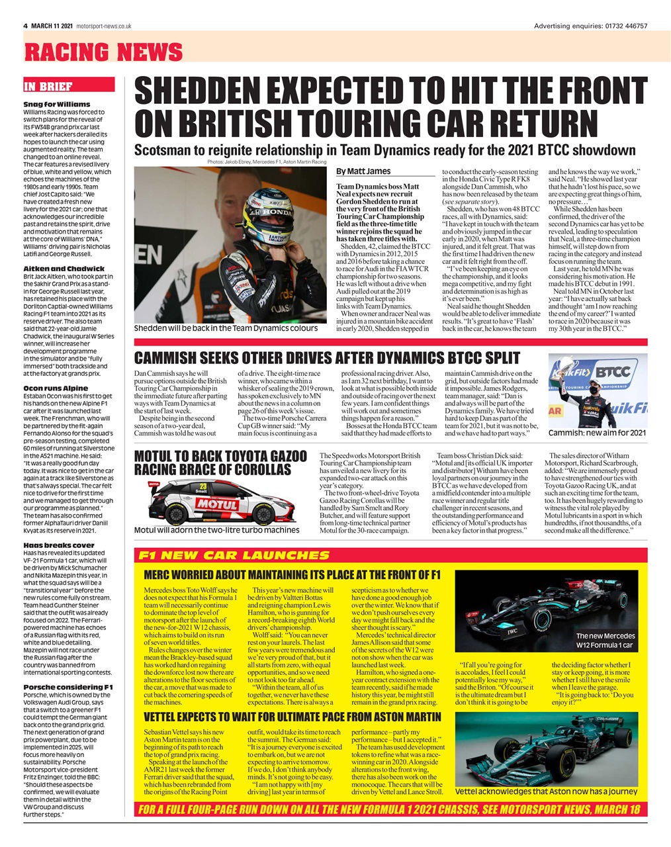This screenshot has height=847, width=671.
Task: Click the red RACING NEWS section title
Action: (x=103, y=52)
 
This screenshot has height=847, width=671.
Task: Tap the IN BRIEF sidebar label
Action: (x=48, y=86)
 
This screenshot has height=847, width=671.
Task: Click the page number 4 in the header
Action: (x=25, y=26)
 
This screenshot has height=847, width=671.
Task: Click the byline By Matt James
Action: (x=363, y=171)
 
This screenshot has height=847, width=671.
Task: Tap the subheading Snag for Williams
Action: (x=56, y=104)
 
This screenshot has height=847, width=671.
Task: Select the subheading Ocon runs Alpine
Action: (x=56, y=388)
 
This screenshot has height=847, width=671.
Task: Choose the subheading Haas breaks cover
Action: (x=59, y=545)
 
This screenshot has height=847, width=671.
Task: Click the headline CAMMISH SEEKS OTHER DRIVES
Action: (x=327, y=358)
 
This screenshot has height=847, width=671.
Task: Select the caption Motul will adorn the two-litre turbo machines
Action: (x=216, y=529)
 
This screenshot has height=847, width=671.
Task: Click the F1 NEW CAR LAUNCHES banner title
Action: (x=233, y=555)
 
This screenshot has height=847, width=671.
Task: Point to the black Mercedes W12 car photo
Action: (x=547, y=613)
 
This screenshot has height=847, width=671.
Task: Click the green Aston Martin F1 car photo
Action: (x=547, y=750)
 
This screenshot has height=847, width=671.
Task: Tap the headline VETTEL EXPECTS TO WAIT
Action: (x=292, y=717)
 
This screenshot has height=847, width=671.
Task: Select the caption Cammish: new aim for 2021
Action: (x=597, y=433)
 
